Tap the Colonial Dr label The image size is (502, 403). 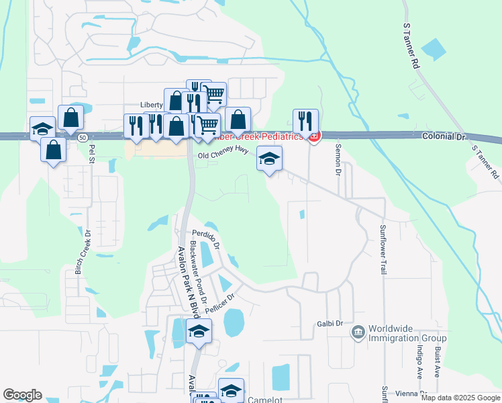pyautogui.click(x=444, y=136)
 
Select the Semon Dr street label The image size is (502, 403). pyautogui.click(x=338, y=159)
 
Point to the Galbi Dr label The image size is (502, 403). pyautogui.click(x=330, y=324)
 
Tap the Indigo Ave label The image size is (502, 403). pyautogui.click(x=420, y=362)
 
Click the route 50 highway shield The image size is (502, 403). pyautogui.click(x=81, y=136)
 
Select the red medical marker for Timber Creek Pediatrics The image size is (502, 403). pyautogui.click(x=313, y=136)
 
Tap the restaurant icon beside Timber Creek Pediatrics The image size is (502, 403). pyautogui.click(x=305, y=122)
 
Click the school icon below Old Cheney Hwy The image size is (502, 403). pyautogui.click(x=270, y=159)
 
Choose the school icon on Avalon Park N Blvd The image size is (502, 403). pyautogui.click(x=199, y=331)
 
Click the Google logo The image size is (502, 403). pyautogui.click(x=23, y=395)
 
